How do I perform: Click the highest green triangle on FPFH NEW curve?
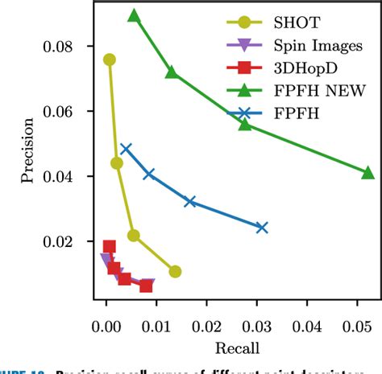(134, 15)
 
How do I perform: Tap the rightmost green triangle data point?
(367, 173)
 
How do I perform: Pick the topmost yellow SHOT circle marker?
(110, 60)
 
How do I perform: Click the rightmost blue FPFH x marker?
(261, 228)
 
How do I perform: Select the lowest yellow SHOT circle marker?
(175, 272)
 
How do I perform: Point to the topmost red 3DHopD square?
(110, 247)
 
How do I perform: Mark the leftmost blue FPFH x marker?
(125, 149)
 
